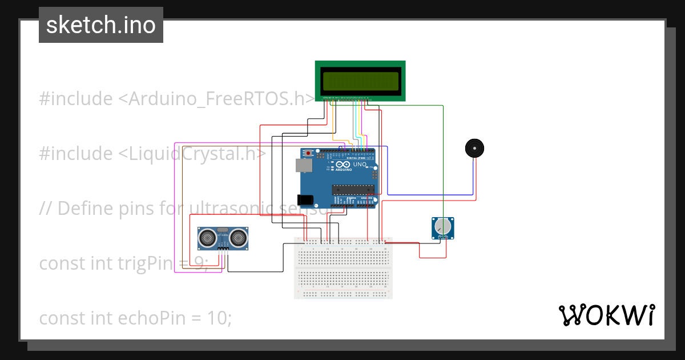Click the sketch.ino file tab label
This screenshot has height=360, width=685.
[100, 25]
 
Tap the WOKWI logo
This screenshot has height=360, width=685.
[606, 315]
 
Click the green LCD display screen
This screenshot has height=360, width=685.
[360, 81]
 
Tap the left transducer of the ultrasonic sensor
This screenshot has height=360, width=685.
[208, 237]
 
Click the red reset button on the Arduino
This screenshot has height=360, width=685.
[309, 153]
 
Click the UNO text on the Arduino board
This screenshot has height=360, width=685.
[360, 165]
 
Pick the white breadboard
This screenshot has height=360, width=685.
[343, 267]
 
